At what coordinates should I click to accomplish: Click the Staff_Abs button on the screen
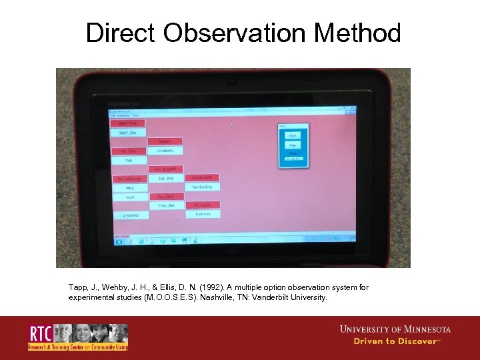click(x=127, y=133)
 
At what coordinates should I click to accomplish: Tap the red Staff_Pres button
click(x=127, y=123)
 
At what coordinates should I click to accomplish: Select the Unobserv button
click(x=165, y=151)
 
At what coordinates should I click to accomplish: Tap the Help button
click(x=129, y=188)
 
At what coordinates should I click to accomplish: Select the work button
click(x=129, y=197)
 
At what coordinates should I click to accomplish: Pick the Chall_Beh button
click(x=166, y=206)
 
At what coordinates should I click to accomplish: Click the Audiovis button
click(x=203, y=214)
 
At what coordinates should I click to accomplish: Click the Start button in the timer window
click(x=293, y=135)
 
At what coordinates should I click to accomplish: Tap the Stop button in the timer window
click(x=293, y=145)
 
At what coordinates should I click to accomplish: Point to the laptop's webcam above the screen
click(x=233, y=83)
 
